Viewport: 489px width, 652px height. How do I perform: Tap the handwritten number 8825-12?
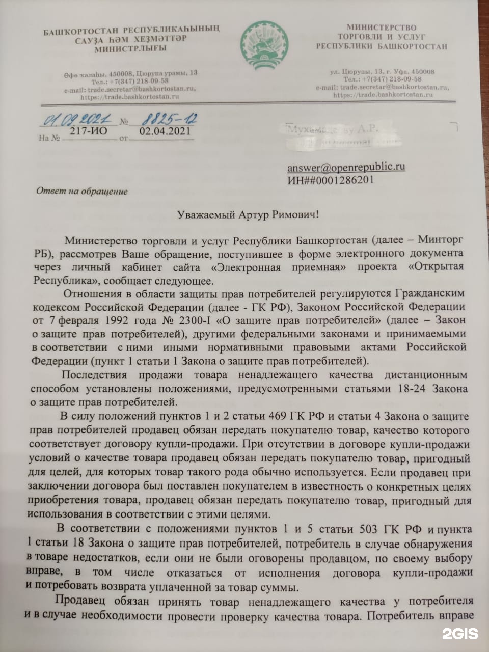pyautogui.click(x=162, y=119)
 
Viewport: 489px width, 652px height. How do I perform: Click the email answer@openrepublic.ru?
pyautogui.click(x=346, y=167)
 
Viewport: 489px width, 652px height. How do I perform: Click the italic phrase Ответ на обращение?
pyautogui.click(x=82, y=192)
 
